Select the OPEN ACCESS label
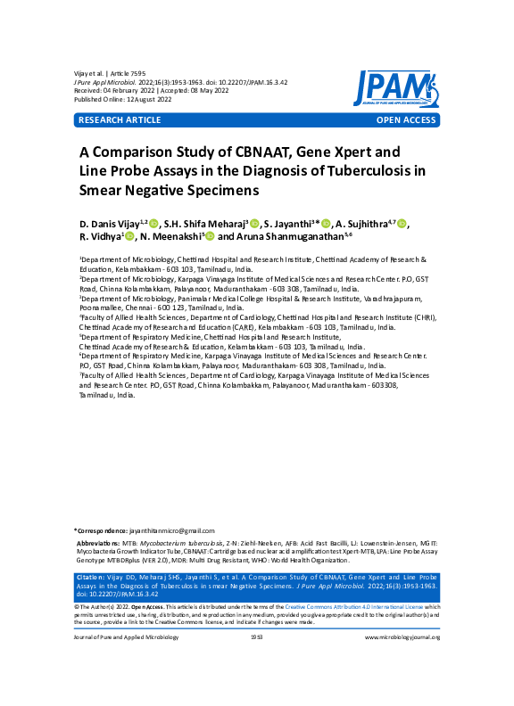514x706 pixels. (x=406, y=119)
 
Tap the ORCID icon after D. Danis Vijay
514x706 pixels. (x=153, y=223)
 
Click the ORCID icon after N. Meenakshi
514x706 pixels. (x=211, y=238)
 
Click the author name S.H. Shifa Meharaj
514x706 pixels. (x=210, y=222)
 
